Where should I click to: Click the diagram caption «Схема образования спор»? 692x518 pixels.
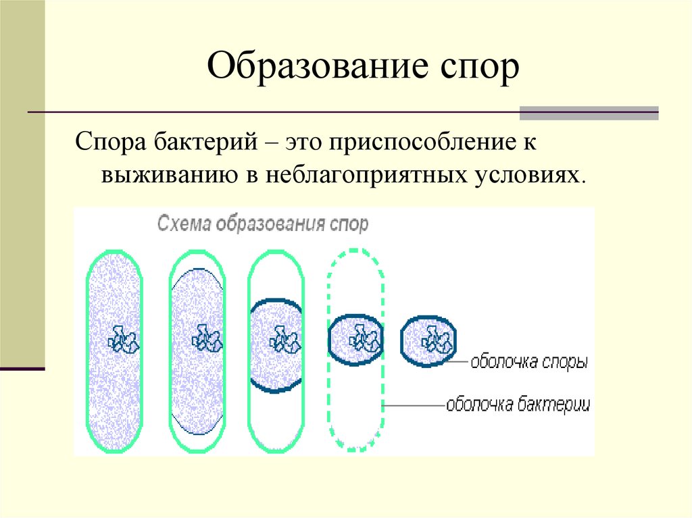[263, 224]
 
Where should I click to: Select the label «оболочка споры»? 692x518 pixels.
[529, 363]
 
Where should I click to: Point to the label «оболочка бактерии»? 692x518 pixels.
[518, 405]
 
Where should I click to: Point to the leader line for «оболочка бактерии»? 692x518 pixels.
[414, 405]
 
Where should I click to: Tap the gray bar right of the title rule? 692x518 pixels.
[589, 113]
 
